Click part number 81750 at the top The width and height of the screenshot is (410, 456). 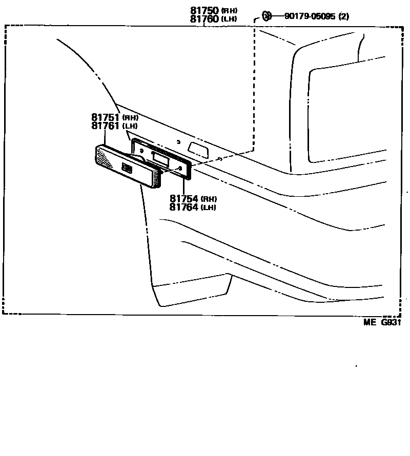click(x=204, y=10)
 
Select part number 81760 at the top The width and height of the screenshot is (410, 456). click(x=204, y=19)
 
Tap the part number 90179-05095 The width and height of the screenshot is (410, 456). click(x=310, y=16)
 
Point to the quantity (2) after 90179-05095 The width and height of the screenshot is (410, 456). click(x=344, y=16)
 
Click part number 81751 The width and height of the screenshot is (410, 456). click(x=106, y=117)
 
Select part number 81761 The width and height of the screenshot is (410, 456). click(x=106, y=126)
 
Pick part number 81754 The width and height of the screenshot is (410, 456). click(x=184, y=199)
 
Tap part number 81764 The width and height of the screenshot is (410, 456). click(x=184, y=207)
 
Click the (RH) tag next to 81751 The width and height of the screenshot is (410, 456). click(x=131, y=118)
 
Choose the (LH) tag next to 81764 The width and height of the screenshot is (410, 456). click(x=209, y=208)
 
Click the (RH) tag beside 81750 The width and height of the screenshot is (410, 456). click(x=230, y=11)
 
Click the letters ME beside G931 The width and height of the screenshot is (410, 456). click(x=370, y=322)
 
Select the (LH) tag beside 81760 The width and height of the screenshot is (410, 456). click(x=230, y=19)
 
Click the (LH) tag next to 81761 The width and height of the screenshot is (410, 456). click(x=131, y=126)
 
